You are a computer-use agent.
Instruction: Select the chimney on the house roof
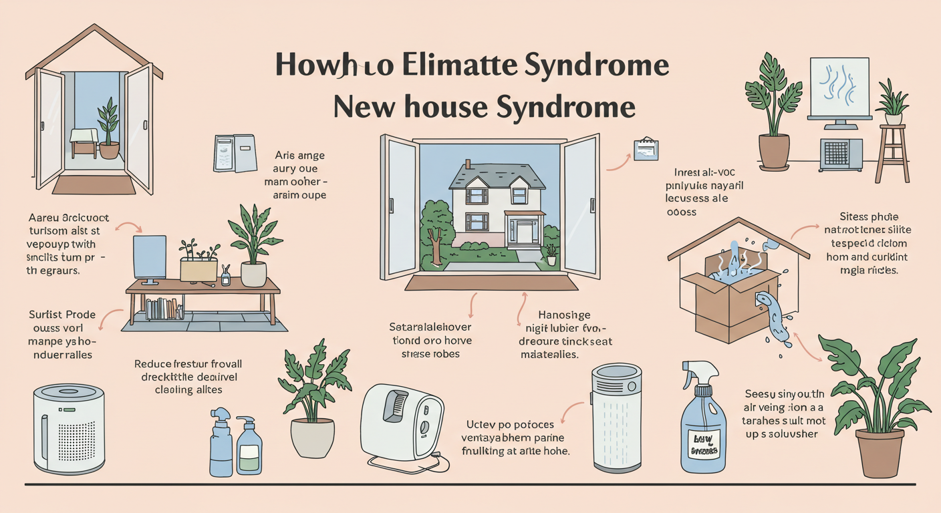(467, 165)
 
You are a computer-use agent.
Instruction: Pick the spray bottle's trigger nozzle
(692, 370)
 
